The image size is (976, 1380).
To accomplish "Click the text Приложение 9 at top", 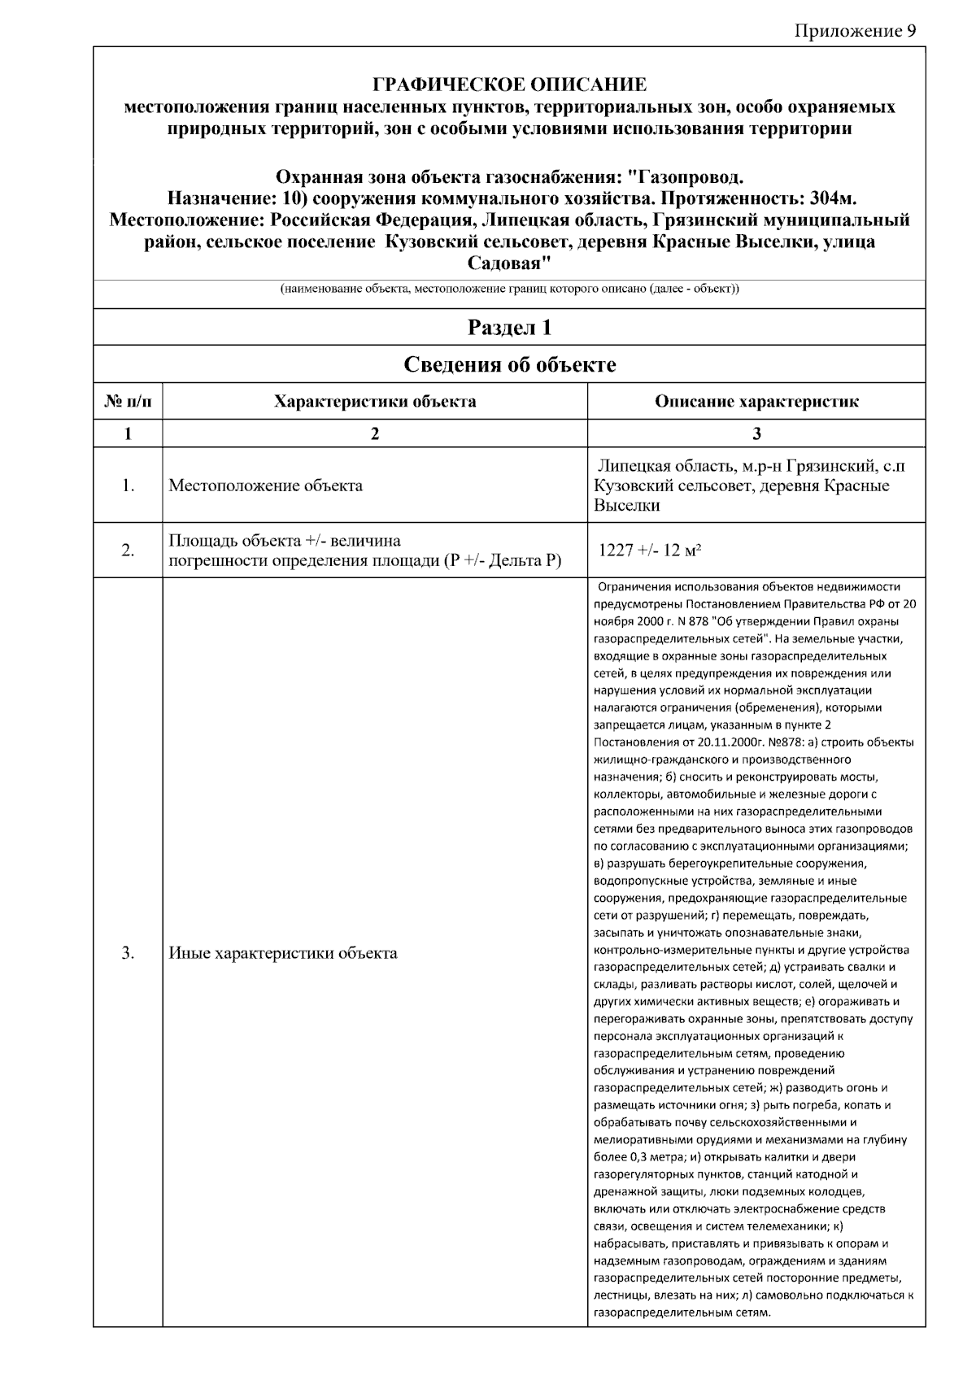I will coord(854,31).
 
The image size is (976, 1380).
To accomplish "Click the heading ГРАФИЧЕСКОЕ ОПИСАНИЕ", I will coord(509,85).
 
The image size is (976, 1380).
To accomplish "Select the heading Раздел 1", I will coord(509,327).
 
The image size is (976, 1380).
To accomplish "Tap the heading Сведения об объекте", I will coord(509,364).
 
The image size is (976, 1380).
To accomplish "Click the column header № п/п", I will coord(128,401).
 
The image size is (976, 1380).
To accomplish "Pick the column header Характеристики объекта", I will coord(375,401).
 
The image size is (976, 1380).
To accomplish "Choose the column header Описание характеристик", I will coord(756,401).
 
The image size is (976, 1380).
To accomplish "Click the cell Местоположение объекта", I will coord(265,486).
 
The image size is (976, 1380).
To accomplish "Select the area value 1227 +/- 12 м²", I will coord(650,551).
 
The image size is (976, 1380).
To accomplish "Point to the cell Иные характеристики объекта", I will coord(282,953).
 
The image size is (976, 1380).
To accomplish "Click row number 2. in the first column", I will coord(128,551).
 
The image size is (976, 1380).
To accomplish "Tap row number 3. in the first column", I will coord(128,953).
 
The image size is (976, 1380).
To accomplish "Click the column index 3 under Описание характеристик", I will coord(756,433).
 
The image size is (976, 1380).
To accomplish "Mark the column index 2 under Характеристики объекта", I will coord(375,433).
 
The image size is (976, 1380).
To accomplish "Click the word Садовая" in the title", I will coord(509,264).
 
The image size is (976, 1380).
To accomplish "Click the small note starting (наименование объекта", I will coord(509,289).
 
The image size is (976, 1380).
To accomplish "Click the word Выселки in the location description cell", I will coord(626,506).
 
